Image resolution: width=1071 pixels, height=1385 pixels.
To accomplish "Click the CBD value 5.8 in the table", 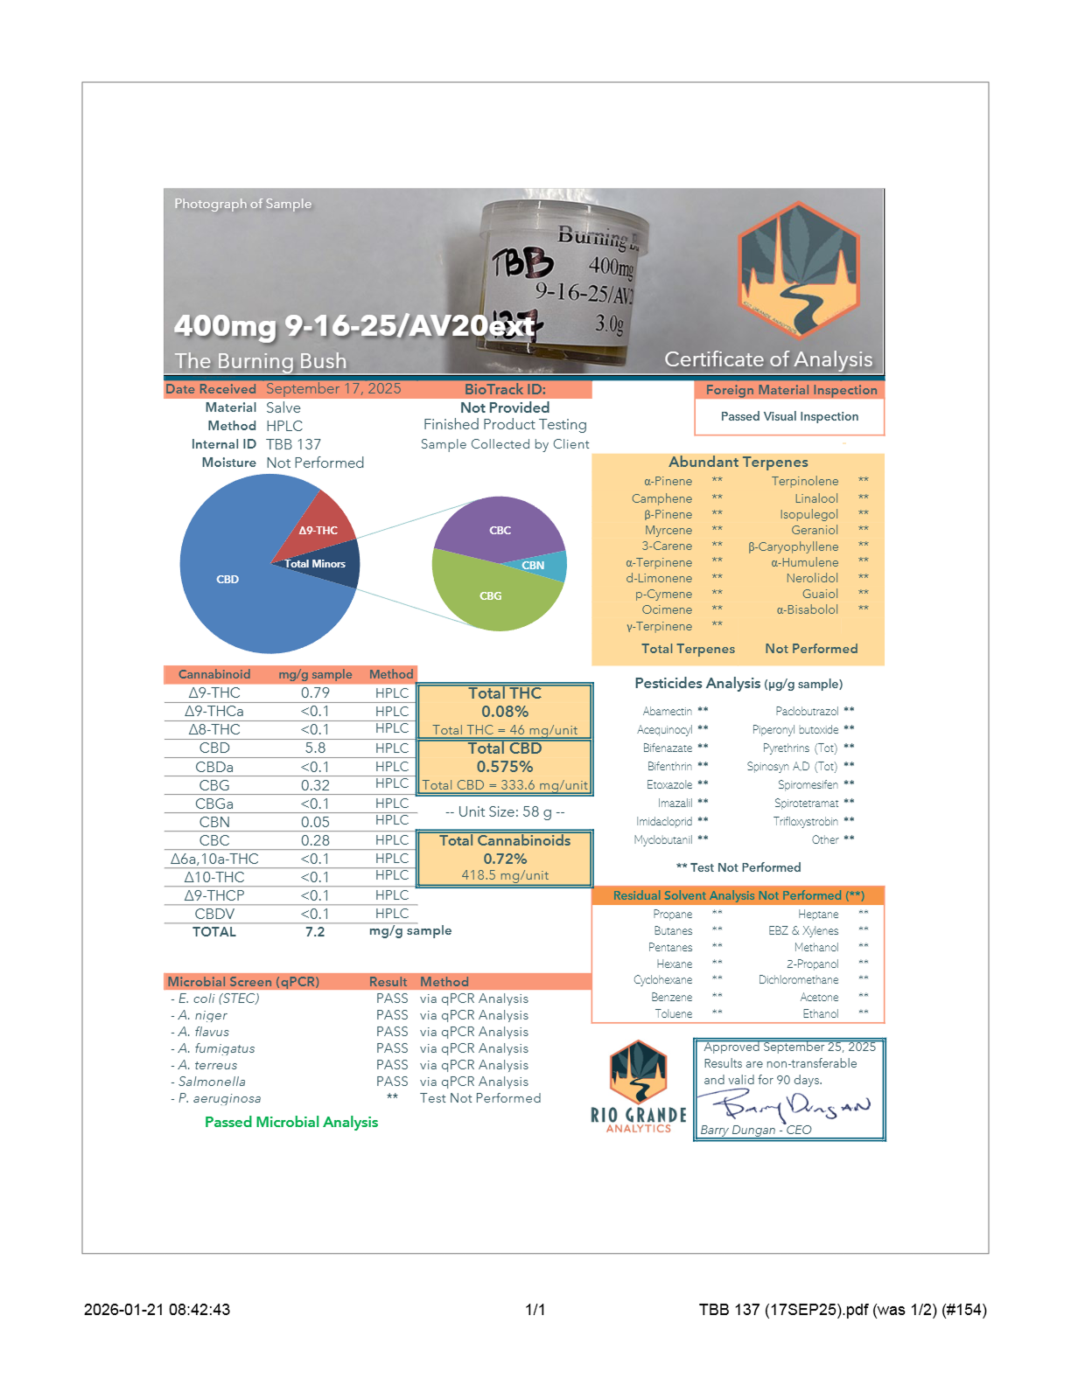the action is (315, 748).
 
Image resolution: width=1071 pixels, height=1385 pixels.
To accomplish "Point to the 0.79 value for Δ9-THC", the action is (315, 693).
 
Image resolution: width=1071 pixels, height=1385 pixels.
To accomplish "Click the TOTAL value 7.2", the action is (315, 932).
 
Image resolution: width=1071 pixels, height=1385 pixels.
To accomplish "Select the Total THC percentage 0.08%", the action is (505, 712).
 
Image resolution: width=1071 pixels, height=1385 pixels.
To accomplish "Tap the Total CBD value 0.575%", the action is (505, 767).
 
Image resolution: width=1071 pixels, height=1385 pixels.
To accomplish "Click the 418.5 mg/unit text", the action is (505, 875).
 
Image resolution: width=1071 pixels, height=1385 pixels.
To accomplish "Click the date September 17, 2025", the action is (333, 389).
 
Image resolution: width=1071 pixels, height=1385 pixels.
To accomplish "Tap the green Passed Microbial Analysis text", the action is (291, 1122).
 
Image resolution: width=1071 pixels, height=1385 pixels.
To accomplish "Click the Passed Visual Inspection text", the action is (789, 417).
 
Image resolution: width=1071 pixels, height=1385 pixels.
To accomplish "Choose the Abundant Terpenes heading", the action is (738, 462).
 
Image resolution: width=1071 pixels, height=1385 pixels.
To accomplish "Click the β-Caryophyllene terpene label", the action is (793, 546).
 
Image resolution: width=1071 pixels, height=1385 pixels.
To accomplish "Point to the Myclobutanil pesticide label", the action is (663, 840).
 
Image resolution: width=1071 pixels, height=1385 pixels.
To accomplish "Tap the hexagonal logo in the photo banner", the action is (799, 271).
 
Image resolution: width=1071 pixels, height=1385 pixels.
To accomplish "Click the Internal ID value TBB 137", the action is (293, 444).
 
